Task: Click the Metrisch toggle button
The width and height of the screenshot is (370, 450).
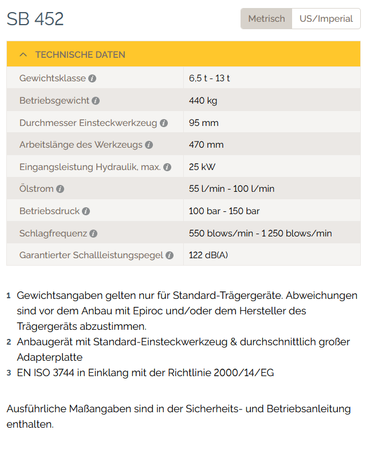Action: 266,19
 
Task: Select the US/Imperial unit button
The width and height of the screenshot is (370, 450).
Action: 326,19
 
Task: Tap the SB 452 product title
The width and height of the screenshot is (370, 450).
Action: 36,19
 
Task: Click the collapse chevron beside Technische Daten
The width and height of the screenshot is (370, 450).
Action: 23,55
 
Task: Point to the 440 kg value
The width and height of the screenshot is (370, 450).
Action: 203,100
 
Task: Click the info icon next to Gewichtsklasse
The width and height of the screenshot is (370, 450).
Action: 92,78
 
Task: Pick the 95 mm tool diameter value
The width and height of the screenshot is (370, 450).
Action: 203,123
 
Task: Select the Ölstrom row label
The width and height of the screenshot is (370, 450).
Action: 36,189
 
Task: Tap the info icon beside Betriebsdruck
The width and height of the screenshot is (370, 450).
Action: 86,211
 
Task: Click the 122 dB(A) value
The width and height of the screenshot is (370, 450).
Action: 208,255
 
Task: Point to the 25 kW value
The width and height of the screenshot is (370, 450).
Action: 202,167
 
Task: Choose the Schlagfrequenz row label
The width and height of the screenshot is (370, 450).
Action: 53,233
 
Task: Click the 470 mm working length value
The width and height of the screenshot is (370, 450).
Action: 206,145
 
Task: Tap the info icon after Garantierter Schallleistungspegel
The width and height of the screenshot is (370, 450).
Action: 170,255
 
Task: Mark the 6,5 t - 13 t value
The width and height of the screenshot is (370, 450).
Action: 210,78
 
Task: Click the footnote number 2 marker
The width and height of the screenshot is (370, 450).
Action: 9,342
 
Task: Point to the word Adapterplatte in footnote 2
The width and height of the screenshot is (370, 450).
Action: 50,357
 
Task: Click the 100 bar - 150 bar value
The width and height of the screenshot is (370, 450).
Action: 224,211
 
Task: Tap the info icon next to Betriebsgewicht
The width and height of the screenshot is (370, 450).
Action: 96,101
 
